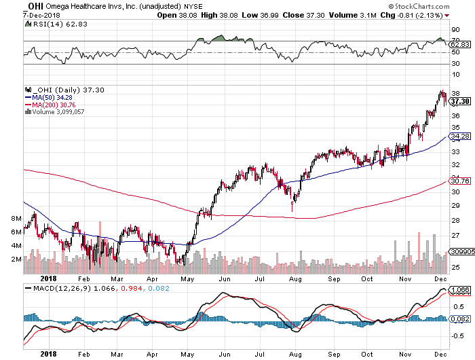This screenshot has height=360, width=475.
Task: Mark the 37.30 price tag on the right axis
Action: click(x=461, y=101)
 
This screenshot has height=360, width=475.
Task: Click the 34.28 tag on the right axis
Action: click(x=461, y=137)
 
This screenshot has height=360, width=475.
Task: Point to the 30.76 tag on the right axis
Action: click(x=461, y=181)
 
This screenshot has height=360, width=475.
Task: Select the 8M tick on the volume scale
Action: click(x=18, y=218)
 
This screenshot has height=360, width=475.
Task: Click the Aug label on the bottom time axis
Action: click(x=294, y=278)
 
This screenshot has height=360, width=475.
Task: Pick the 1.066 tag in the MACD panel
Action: click(x=461, y=290)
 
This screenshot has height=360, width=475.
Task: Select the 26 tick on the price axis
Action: click(x=455, y=251)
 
